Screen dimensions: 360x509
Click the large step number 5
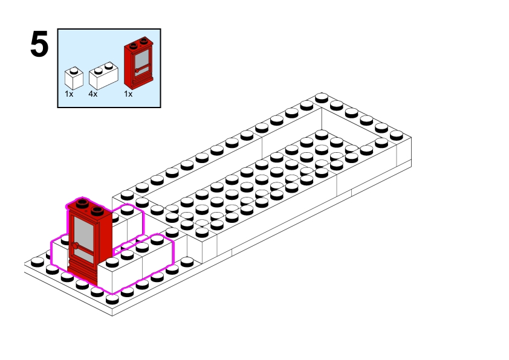(x=39, y=46)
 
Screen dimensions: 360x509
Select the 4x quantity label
(x=92, y=94)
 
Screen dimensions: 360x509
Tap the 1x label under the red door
(x=128, y=94)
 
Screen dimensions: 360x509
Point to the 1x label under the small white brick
(x=69, y=94)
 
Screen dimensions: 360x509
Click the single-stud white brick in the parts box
(x=73, y=79)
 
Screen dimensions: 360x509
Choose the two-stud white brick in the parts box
(x=102, y=76)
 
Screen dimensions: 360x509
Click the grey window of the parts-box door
(x=142, y=60)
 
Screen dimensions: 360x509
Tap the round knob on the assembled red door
(x=77, y=245)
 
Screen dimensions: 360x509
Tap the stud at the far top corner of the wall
(x=322, y=97)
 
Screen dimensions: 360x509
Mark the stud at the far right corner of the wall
(x=397, y=134)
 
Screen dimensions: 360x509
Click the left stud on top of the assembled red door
(x=81, y=203)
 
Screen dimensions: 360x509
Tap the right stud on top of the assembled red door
(x=96, y=211)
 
